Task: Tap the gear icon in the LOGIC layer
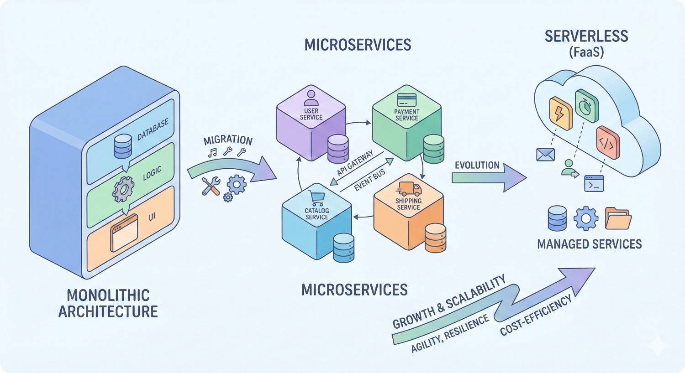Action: (x=123, y=190)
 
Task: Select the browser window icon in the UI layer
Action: (x=124, y=233)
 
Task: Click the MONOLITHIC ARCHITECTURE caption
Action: (x=108, y=303)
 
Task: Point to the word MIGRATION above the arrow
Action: (x=228, y=140)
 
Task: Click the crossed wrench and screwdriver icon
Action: (x=211, y=186)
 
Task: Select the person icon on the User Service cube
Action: (x=311, y=98)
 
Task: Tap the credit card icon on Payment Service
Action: (x=406, y=99)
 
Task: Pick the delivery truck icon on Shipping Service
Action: (x=409, y=189)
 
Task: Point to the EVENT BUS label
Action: (x=369, y=180)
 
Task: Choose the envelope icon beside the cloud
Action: (x=545, y=155)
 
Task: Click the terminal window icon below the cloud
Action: (x=594, y=183)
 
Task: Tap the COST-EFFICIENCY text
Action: (x=536, y=316)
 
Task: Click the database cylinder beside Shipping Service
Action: (x=435, y=238)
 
